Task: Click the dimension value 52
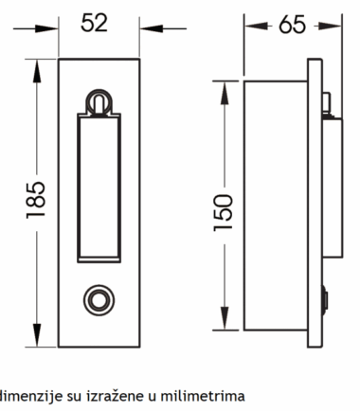[94, 23]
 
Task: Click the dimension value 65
[292, 25]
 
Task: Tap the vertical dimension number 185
[36, 200]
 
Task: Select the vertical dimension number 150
[223, 213]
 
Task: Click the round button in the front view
[99, 300]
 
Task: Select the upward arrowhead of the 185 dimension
[37, 72]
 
